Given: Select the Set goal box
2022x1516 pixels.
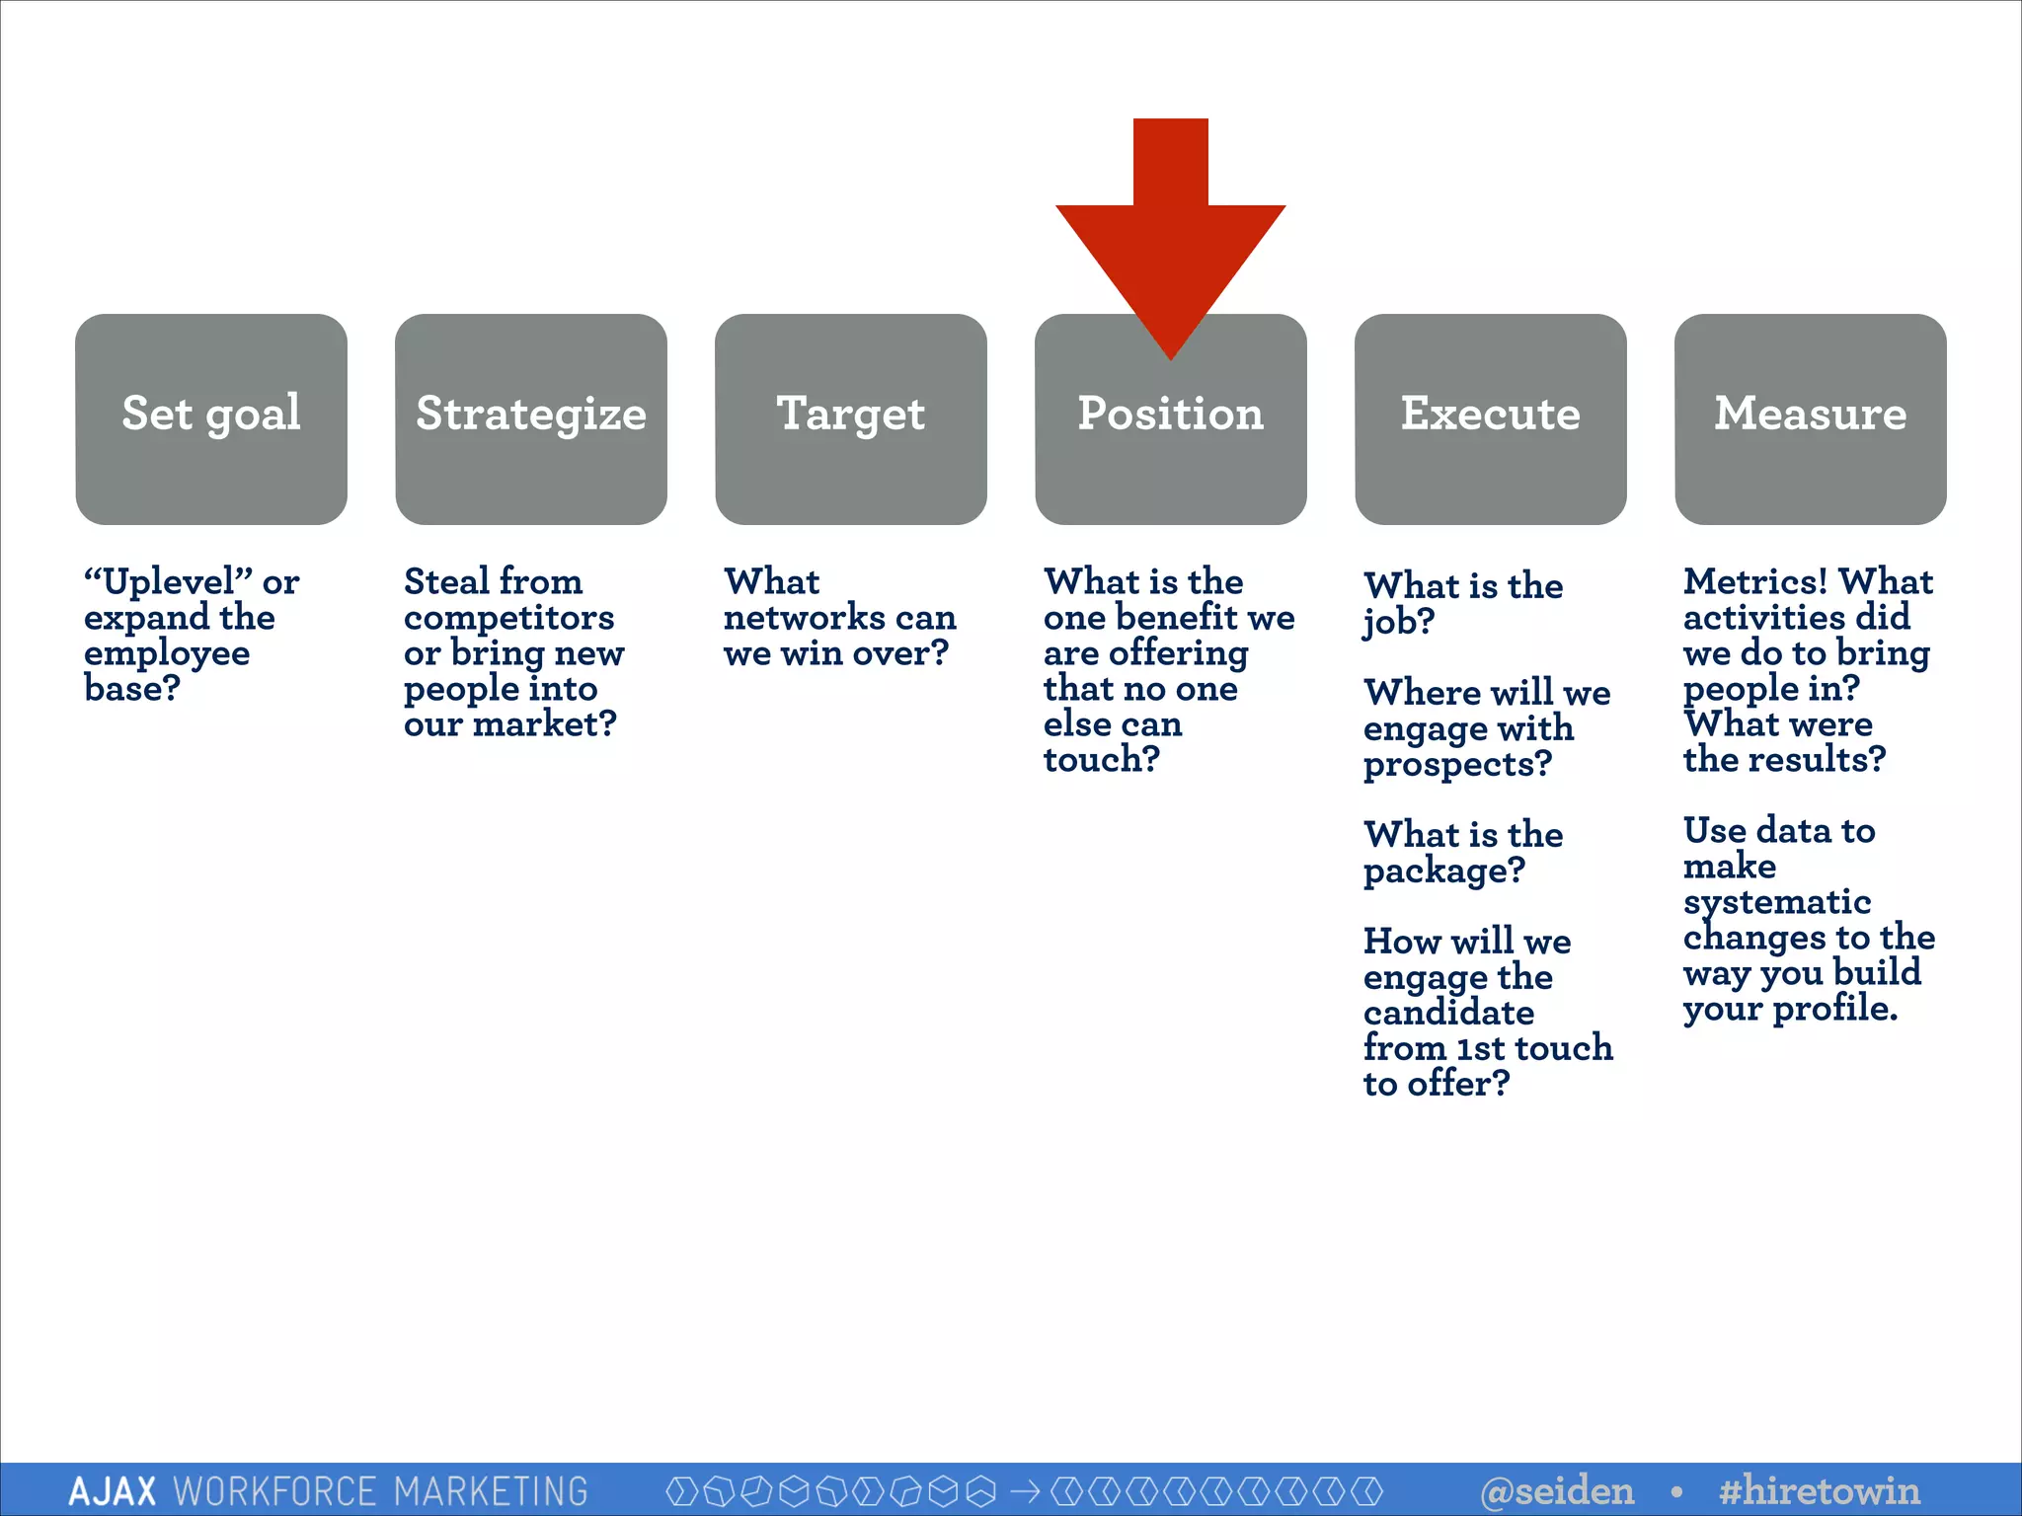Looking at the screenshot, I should (211, 418).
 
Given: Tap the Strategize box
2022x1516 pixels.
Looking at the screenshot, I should (531, 418).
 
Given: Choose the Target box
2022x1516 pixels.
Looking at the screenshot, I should (851, 418).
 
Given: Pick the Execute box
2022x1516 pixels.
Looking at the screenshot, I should (1491, 418).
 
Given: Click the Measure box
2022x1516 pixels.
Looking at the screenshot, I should (1811, 418).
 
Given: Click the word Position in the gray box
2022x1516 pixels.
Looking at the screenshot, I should (1171, 414).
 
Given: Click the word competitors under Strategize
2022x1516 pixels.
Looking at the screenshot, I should (508, 618).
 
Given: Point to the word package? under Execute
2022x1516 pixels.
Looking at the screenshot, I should (1443, 872).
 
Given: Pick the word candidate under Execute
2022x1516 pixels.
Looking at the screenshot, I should (1448, 1013).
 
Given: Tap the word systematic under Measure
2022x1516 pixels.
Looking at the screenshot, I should (1777, 902).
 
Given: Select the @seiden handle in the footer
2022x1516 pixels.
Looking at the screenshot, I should (1558, 1490).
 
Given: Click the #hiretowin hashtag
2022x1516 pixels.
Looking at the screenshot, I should (1820, 1490).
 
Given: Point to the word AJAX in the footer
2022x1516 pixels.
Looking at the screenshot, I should (113, 1491).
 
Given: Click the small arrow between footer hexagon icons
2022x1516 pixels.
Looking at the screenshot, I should (1026, 1490).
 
